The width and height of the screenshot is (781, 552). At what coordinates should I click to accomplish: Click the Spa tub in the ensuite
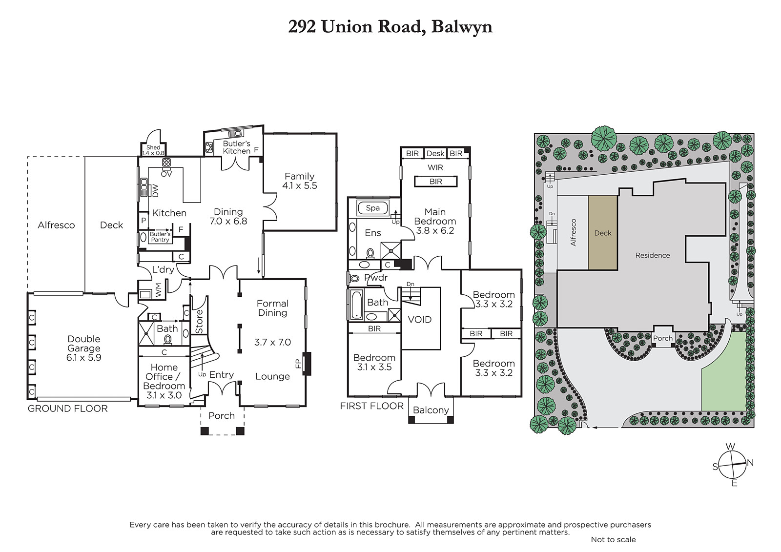373,208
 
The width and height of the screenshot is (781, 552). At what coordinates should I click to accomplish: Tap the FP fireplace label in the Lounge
298,364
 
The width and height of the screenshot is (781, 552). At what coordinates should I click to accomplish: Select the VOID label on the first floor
420,319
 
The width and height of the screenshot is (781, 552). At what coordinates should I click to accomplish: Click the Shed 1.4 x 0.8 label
153,150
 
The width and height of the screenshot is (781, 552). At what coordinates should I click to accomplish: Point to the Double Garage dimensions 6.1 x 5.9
83,357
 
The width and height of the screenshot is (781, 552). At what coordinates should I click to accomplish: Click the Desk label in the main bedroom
435,153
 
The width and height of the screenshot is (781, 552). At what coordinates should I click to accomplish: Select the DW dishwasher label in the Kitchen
156,190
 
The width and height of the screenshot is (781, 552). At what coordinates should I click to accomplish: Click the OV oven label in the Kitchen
166,174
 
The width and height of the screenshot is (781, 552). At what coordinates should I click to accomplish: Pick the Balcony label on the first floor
431,410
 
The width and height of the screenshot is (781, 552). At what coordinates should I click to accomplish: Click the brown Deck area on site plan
603,233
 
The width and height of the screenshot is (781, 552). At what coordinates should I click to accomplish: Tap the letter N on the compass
750,463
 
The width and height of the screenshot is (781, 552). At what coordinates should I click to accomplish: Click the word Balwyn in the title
462,27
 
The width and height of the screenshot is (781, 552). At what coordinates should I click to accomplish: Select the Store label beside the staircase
199,322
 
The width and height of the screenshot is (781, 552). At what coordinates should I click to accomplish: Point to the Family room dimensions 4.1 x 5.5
300,185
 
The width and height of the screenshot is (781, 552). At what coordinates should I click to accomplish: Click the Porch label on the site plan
663,338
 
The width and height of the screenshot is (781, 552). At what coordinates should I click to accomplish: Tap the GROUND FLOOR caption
68,409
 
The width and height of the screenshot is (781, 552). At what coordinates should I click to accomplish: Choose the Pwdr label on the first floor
376,278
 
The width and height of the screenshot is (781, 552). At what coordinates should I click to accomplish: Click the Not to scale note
613,539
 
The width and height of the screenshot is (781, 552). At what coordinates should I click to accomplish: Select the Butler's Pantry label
160,237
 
